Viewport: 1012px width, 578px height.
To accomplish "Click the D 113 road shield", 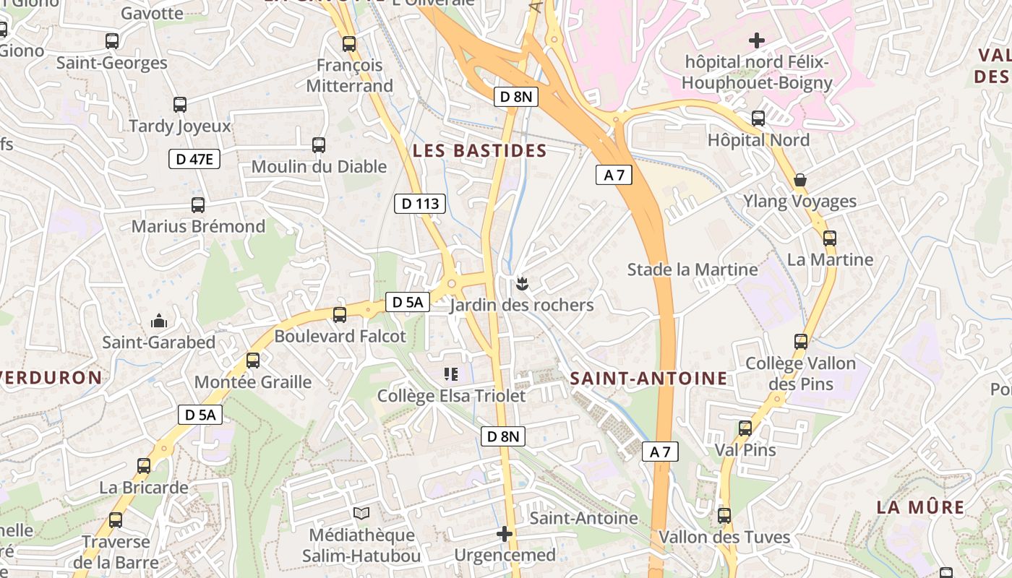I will pos(420,204).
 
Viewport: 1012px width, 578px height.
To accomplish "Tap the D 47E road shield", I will pos(194,159).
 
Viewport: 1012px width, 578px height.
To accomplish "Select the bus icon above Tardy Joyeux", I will pos(180,105).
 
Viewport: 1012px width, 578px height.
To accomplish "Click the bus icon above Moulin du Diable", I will pos(319,145).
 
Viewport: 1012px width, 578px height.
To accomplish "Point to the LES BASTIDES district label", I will pos(479,151).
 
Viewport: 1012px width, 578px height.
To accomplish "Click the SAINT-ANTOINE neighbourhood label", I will pos(648,378).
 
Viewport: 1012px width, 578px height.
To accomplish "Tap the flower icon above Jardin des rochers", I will pos(522,284).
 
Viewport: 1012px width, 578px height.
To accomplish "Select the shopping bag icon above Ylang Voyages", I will pos(800,180).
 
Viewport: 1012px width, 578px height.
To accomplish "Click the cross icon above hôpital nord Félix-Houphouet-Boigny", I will pos(757,40).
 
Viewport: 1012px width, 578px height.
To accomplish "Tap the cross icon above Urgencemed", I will pos(505,534).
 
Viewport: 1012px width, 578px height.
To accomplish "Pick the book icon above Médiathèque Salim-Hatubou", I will pos(361,514).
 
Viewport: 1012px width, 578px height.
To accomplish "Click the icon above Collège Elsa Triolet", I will pos(451,374).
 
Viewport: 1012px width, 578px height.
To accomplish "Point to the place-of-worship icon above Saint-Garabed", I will pos(159,320).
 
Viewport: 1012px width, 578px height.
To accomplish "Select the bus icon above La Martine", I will pos(830,238).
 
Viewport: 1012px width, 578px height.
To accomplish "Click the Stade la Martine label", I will pos(692,269).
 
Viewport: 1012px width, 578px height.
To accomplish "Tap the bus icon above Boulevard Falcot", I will pos(340,315).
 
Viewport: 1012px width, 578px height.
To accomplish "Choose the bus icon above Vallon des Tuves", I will pos(724,516).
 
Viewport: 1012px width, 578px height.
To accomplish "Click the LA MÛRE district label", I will pos(920,507).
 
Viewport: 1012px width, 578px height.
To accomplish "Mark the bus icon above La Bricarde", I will pos(144,466).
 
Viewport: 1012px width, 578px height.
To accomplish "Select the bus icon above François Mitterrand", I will pos(349,44).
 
